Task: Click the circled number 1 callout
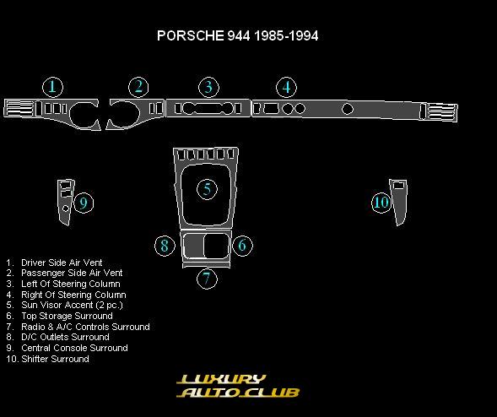52,87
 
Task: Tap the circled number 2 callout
139,87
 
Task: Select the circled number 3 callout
208,88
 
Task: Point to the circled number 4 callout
287,88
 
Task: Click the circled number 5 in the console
207,189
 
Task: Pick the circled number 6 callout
242,245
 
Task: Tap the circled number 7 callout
207,279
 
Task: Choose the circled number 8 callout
165,246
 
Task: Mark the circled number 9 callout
84,203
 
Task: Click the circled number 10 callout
381,203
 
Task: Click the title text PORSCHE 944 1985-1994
237,35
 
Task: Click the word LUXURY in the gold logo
221,379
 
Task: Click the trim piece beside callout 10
398,203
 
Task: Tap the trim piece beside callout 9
66,203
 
